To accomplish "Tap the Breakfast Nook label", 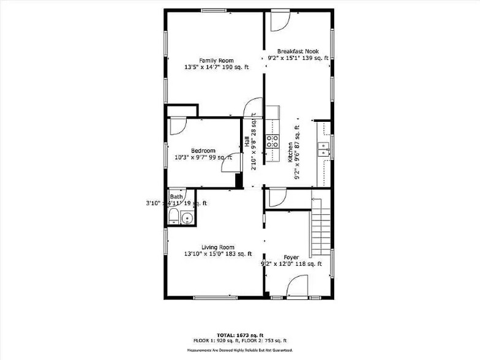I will [x=298, y=51].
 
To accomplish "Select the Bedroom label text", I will [x=203, y=151].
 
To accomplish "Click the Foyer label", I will [x=291, y=257].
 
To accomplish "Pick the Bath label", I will [x=176, y=197].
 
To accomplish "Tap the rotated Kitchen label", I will [x=290, y=152].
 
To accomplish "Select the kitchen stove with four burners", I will [x=272, y=142].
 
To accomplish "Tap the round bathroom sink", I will [x=187, y=219].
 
